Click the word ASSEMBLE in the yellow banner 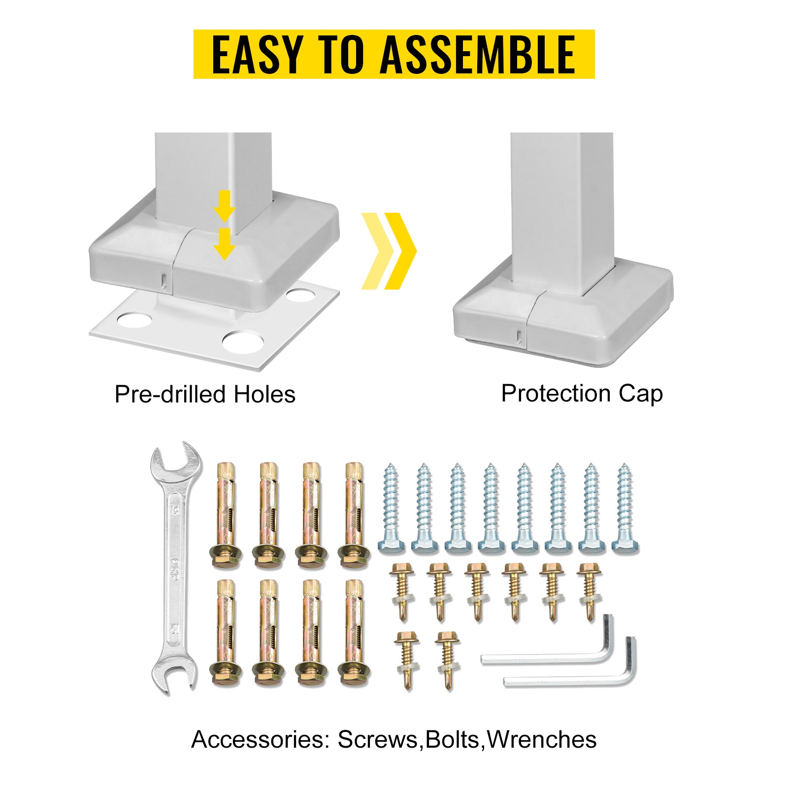click(478, 54)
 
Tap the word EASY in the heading click(256, 54)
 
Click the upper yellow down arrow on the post click(225, 206)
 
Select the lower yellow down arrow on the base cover click(225, 244)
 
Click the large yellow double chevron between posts click(389, 251)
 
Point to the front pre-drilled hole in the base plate click(243, 341)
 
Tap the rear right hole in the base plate click(300, 295)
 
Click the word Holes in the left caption click(264, 394)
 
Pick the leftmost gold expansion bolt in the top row click(226, 515)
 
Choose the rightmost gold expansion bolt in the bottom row click(354, 633)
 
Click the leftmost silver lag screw click(392, 508)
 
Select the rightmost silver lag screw click(625, 508)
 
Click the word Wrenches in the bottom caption click(542, 740)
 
